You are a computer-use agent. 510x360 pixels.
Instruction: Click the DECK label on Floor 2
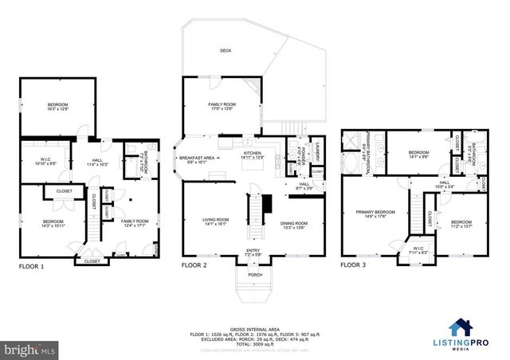226,50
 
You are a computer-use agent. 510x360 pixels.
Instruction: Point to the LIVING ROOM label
214,220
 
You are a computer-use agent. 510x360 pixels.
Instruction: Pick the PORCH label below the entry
255,275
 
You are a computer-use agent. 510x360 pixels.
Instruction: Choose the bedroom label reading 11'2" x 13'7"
461,223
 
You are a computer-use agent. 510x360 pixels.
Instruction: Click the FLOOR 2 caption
194,264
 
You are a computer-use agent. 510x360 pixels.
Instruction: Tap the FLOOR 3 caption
353,264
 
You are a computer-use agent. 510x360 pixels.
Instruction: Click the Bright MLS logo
29,349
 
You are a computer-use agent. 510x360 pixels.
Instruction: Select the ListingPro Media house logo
460,328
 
